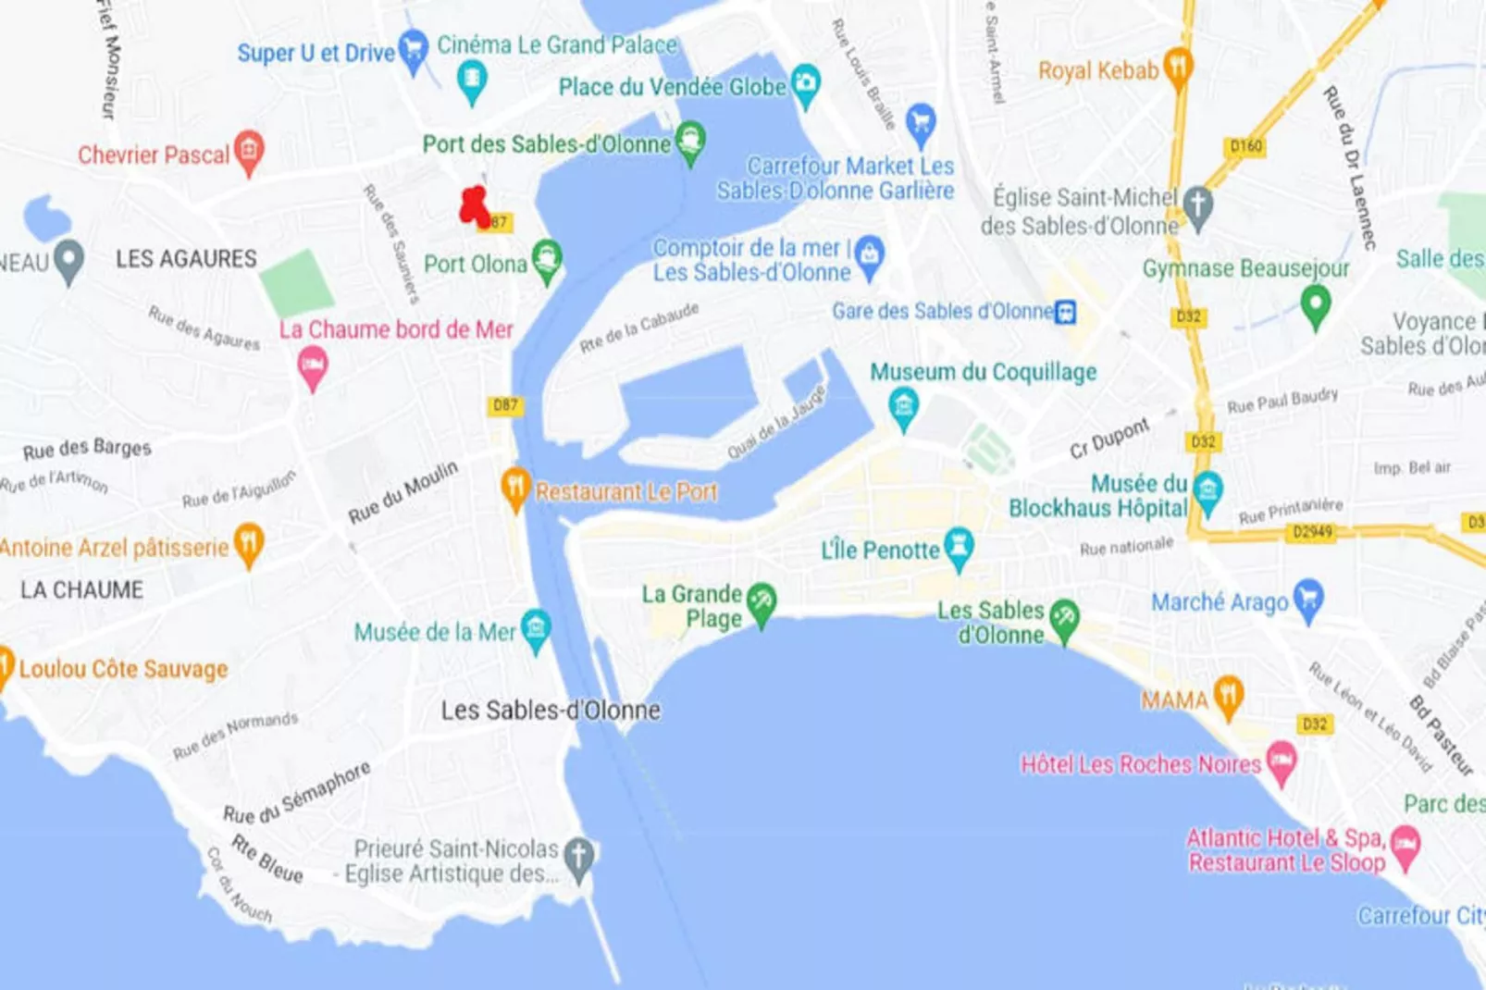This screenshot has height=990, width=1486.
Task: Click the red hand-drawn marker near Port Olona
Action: click(x=475, y=206)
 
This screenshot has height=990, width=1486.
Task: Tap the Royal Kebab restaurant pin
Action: click(x=1177, y=68)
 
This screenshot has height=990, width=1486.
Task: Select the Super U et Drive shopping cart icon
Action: click(x=413, y=49)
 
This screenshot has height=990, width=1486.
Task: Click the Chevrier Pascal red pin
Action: click(x=248, y=150)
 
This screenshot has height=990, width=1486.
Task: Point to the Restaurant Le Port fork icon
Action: click(x=515, y=488)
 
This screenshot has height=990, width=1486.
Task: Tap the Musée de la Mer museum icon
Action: click(x=536, y=630)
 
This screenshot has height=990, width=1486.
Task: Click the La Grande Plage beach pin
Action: click(x=762, y=603)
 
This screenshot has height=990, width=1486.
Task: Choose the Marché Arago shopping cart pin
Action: click(x=1307, y=599)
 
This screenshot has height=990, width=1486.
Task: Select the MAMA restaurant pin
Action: click(x=1228, y=696)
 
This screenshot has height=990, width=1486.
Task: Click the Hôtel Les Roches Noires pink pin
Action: click(x=1282, y=761)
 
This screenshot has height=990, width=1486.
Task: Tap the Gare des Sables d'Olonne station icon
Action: click(x=1065, y=312)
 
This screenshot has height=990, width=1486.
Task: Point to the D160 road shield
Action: click(x=1245, y=146)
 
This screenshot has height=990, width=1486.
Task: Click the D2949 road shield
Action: click(x=1312, y=532)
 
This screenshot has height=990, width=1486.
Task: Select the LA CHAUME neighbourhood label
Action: click(x=82, y=590)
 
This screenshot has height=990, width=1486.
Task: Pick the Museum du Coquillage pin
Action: click(x=903, y=406)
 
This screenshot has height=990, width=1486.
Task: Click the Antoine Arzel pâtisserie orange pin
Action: click(x=248, y=543)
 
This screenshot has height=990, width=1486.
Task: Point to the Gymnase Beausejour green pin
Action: click(x=1315, y=304)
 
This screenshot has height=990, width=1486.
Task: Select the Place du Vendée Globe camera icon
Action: click(x=805, y=84)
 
